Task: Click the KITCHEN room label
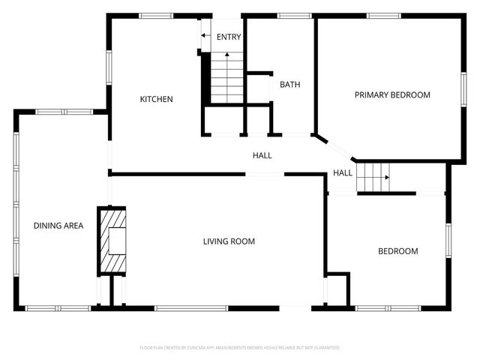(x=157, y=99)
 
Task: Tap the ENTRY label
(x=228, y=37)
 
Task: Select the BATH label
(x=290, y=85)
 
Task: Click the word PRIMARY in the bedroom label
(x=373, y=94)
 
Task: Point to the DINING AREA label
(x=58, y=226)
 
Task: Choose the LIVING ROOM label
(x=229, y=241)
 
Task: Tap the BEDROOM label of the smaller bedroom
(x=397, y=251)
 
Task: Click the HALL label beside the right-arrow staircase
(x=343, y=173)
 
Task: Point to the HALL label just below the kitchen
(x=262, y=155)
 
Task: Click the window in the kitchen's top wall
(x=157, y=15)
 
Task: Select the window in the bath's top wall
(x=294, y=15)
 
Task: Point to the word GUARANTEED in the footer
(x=324, y=348)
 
